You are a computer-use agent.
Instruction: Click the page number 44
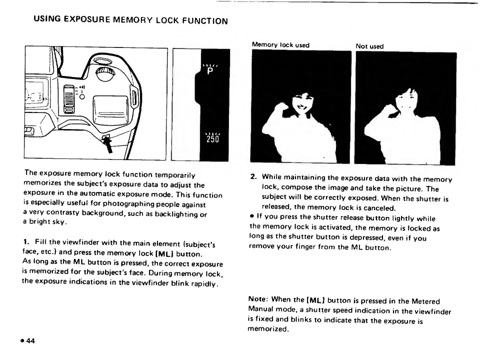[x=30, y=341]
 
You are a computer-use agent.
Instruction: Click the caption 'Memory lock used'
[x=280, y=45]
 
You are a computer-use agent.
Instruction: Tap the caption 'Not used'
[x=369, y=46]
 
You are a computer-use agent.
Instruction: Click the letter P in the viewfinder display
[x=210, y=70]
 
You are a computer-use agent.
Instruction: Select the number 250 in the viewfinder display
[x=211, y=138]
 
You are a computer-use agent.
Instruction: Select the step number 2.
[x=253, y=177]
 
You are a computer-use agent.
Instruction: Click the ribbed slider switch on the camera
[x=69, y=99]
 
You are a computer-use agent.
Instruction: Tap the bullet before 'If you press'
[x=251, y=219]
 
